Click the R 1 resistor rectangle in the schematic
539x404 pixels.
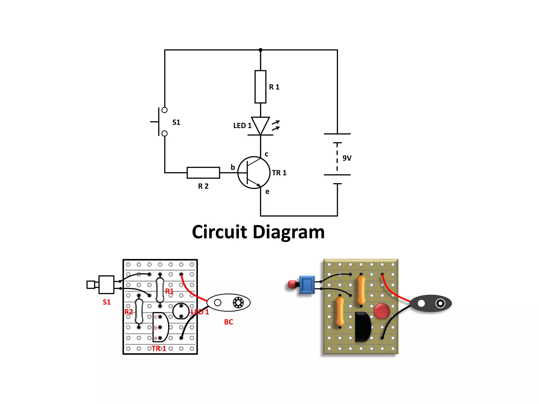point(260,87)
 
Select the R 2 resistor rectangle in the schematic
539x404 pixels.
point(203,173)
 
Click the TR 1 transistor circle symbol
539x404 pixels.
point(254,173)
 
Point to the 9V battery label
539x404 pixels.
point(347,158)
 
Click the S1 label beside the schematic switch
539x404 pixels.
point(176,122)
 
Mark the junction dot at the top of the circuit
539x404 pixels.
point(260,50)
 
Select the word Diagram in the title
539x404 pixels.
point(289,233)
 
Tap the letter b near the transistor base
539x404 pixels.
point(233,167)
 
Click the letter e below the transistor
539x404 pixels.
point(267,192)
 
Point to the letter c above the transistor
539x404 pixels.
point(266,154)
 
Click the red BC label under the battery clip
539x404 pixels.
point(228,322)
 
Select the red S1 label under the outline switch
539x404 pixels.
point(107,302)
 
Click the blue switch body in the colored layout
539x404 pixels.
point(307,285)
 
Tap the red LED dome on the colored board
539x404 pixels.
point(381,311)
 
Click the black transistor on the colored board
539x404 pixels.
point(362,327)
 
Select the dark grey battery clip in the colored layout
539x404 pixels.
point(431,303)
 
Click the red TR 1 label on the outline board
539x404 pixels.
point(159,349)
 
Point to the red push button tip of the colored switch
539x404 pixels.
point(291,284)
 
